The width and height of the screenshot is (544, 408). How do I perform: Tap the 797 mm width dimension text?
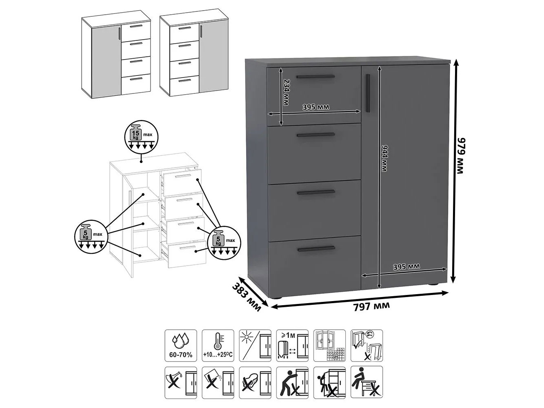point(371,306)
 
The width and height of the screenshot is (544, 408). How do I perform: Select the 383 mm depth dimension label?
point(246,297)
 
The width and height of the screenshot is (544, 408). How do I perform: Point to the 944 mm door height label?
point(384,159)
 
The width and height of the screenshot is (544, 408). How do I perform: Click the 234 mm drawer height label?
point(286,92)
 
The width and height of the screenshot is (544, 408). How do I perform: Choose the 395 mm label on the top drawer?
point(316,107)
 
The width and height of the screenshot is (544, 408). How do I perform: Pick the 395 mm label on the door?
point(406,266)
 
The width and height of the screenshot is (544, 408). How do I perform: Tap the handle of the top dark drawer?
point(315,77)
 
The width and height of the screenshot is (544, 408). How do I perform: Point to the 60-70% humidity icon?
point(181,345)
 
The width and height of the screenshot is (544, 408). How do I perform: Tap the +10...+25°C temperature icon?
point(218,345)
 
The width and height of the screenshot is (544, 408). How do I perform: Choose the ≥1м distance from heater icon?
point(292,345)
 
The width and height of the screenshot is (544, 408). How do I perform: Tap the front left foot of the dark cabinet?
point(278,298)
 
